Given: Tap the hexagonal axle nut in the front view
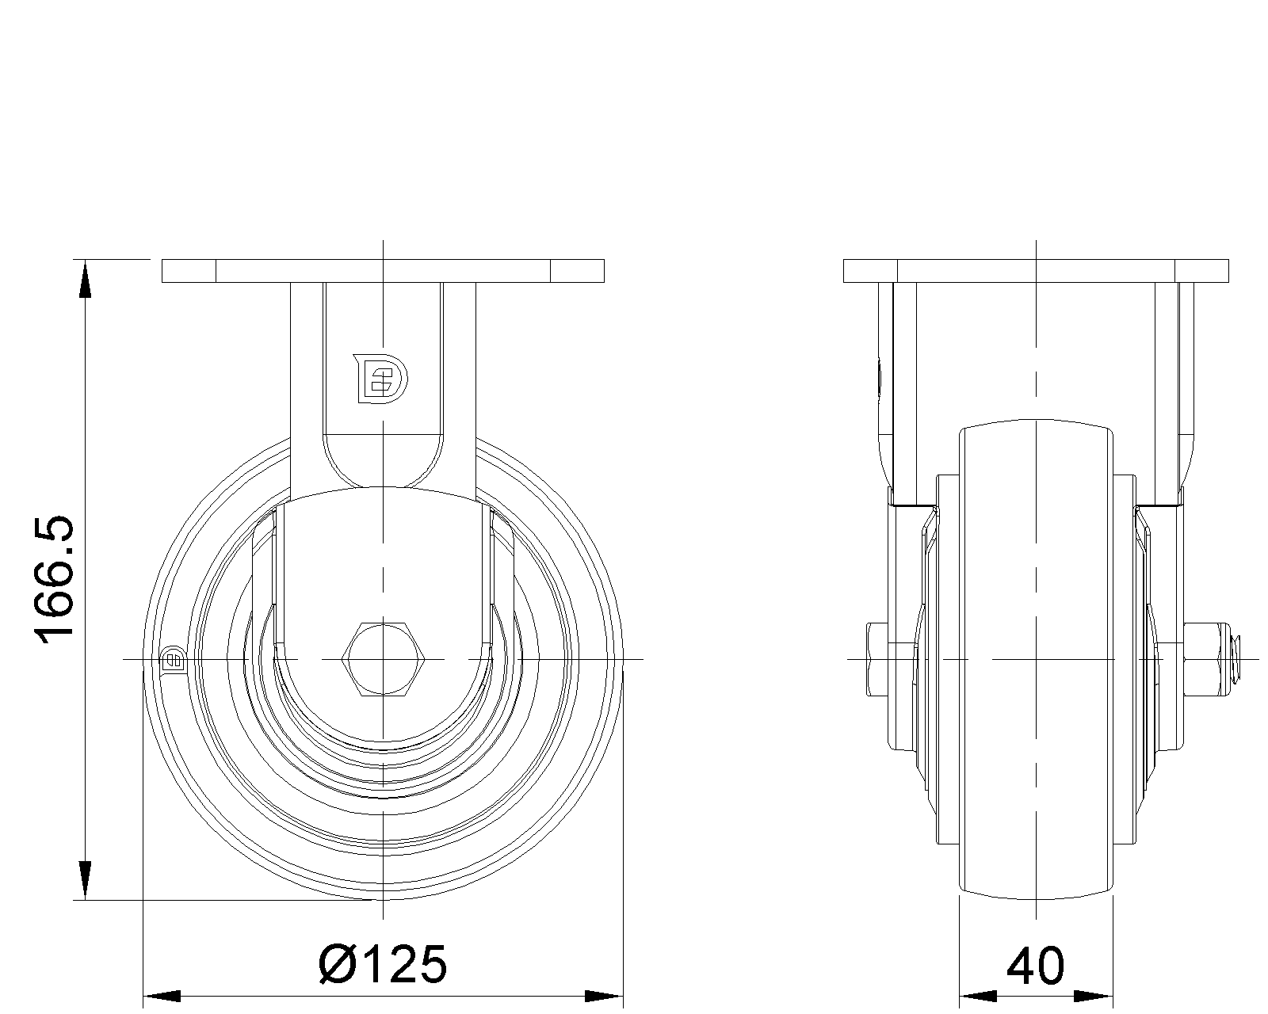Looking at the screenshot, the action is (383, 659).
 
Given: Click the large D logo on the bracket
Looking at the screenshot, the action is (380, 379).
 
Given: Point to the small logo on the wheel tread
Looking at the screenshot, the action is (174, 659).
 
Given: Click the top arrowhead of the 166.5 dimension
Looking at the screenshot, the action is (86, 280).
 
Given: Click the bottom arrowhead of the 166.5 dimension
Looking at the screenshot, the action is (86, 880).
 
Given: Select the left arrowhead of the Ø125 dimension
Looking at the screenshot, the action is (162, 997).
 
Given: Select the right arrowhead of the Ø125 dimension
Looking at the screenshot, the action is (604, 997).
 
